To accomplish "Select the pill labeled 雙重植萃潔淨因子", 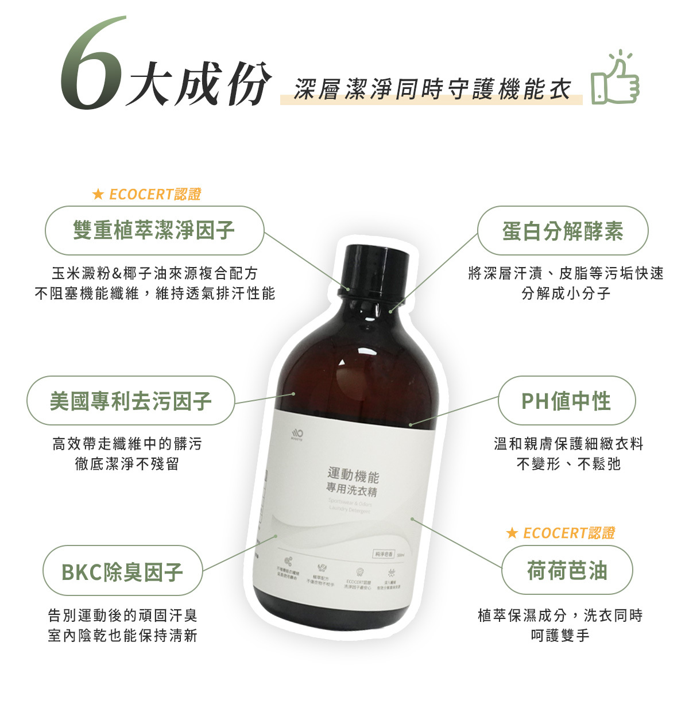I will tap(154, 230).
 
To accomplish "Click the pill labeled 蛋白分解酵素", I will tap(563, 231).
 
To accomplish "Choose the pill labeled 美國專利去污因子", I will tap(131, 401).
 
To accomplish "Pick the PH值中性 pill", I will tap(566, 401).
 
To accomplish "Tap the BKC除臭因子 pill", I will tap(122, 572).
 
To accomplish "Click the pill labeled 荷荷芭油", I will tap(567, 571).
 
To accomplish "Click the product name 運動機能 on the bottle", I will tap(353, 475).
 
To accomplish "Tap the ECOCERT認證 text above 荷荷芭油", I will tap(568, 533).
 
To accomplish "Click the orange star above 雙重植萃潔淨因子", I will tap(98, 195).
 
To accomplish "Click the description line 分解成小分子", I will tap(566, 293).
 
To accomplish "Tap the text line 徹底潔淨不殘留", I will tap(127, 464).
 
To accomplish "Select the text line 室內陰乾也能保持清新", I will tap(122, 636).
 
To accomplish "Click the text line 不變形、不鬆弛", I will tap(568, 464).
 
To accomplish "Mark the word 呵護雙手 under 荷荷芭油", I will tap(560, 636).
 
